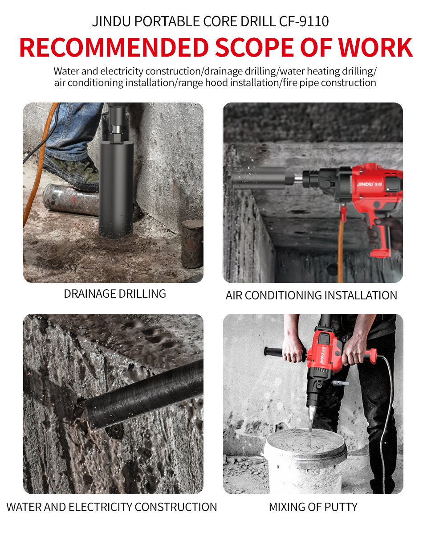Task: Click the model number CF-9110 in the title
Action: [304, 21]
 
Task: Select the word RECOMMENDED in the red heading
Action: [114, 48]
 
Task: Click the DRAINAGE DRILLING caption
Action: [115, 294]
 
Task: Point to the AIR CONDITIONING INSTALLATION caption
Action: [311, 295]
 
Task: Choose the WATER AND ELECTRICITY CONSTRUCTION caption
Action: [112, 507]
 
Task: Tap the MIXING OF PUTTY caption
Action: [313, 507]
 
